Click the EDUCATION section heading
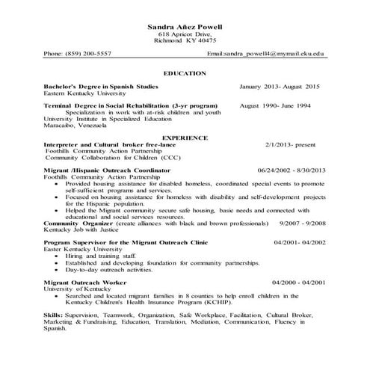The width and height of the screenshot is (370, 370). [x=185, y=74]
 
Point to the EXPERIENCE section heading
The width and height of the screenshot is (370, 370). [x=185, y=139]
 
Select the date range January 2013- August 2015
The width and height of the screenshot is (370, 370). [x=280, y=87]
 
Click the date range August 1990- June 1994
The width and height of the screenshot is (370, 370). [x=274, y=106]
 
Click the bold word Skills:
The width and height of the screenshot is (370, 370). [x=53, y=315]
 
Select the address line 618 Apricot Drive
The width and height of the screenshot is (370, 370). [x=185, y=34]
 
